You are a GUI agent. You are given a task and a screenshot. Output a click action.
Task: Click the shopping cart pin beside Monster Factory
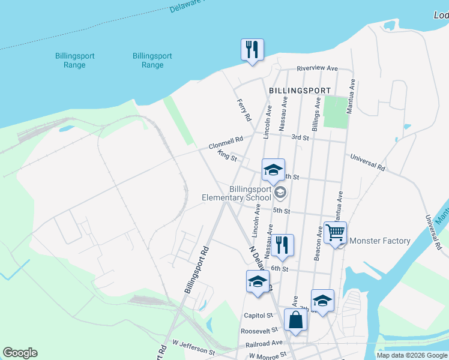(335, 232)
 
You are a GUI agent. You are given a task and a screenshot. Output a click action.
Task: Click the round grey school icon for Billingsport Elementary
(280, 193)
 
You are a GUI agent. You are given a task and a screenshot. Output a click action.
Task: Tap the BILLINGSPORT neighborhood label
(300, 91)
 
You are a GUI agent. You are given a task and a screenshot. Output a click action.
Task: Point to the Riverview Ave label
(317, 69)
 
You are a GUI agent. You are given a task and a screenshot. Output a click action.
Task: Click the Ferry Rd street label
(244, 110)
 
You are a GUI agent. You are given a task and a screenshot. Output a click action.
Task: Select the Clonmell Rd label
(226, 143)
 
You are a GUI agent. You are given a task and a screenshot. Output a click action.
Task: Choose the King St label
(228, 157)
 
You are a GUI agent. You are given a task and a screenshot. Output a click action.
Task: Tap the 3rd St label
(300, 137)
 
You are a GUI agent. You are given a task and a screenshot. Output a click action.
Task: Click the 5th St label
(281, 211)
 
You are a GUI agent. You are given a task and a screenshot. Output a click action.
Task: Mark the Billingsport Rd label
(197, 269)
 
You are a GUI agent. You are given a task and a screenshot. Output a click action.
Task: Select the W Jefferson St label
(193, 346)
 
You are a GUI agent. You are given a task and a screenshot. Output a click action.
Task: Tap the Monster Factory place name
(379, 241)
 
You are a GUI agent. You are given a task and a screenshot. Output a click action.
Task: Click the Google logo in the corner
(20, 353)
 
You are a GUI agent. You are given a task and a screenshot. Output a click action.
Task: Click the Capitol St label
(258, 316)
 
